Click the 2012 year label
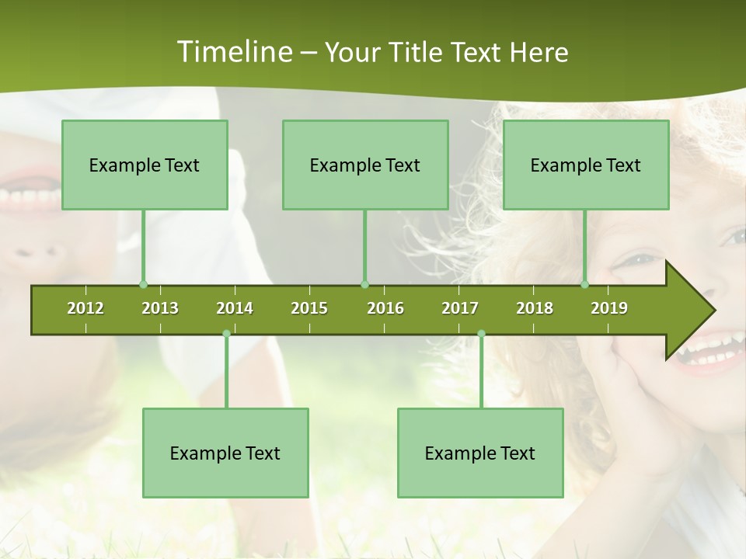coord(85,308)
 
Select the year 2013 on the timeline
coord(160,308)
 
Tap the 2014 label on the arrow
coord(235,308)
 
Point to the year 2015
coord(309,308)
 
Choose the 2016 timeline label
coord(385,308)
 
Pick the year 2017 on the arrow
coord(460,308)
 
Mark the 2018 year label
coord(535,308)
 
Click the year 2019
coord(609,308)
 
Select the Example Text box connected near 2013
coord(145,165)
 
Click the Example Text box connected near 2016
coord(365,165)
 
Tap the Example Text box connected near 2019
coord(586,165)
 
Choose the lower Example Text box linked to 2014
coord(225,453)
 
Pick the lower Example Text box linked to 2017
coord(480,453)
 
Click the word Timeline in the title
coord(233,52)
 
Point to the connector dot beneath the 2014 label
coord(226,334)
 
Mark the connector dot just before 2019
coord(585,284)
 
